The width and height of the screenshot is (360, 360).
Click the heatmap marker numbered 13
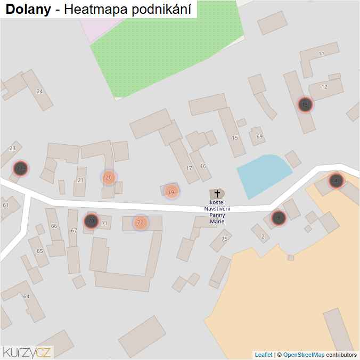point(305,105)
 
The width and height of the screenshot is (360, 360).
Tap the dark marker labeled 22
point(20,169)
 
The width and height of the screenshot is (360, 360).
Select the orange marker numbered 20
point(109,177)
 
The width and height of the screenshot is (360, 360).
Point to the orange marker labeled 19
point(171,192)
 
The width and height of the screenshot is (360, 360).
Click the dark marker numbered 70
point(91,221)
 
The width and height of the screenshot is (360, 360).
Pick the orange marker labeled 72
point(140,223)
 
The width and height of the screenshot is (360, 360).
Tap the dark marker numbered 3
point(279,217)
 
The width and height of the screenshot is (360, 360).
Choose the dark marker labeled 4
point(336,181)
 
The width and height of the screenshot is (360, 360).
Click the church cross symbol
point(217,194)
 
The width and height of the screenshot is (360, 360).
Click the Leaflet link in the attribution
point(264,355)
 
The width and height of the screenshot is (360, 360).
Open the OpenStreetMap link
point(304,355)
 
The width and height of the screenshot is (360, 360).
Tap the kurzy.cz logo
point(27,351)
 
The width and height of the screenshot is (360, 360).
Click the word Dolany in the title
point(28,10)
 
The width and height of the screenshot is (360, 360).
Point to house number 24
point(39,92)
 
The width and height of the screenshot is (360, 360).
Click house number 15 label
point(235,138)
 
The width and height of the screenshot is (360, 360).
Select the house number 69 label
point(260,137)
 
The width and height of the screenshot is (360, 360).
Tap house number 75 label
point(225,239)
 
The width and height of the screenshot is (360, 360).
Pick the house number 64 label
point(26,296)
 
